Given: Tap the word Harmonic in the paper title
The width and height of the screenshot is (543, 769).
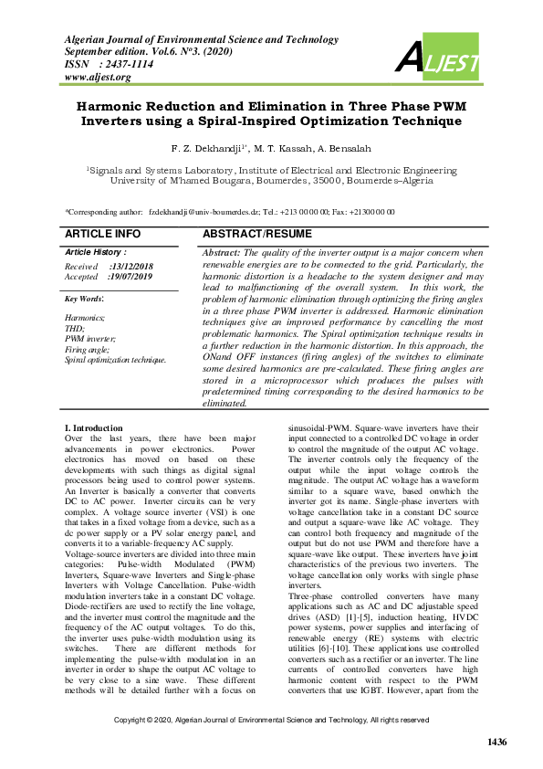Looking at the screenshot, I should pyautogui.click(x=118, y=106).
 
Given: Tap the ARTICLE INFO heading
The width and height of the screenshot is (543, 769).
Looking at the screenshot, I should pyautogui.click(x=103, y=235).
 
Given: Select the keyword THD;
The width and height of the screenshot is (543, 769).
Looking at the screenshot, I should pyautogui.click(x=74, y=328).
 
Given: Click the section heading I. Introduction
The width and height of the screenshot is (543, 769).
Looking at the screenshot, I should pyautogui.click(x=93, y=428).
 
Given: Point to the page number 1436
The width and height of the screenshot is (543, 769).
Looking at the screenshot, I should pyautogui.click(x=496, y=741).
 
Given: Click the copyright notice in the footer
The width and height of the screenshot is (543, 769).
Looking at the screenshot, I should pyautogui.click(x=271, y=721).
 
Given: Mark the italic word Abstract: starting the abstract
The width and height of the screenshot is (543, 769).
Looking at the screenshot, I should pyautogui.click(x=222, y=252).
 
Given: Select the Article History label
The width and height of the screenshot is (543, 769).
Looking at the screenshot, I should pyautogui.click(x=95, y=251).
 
